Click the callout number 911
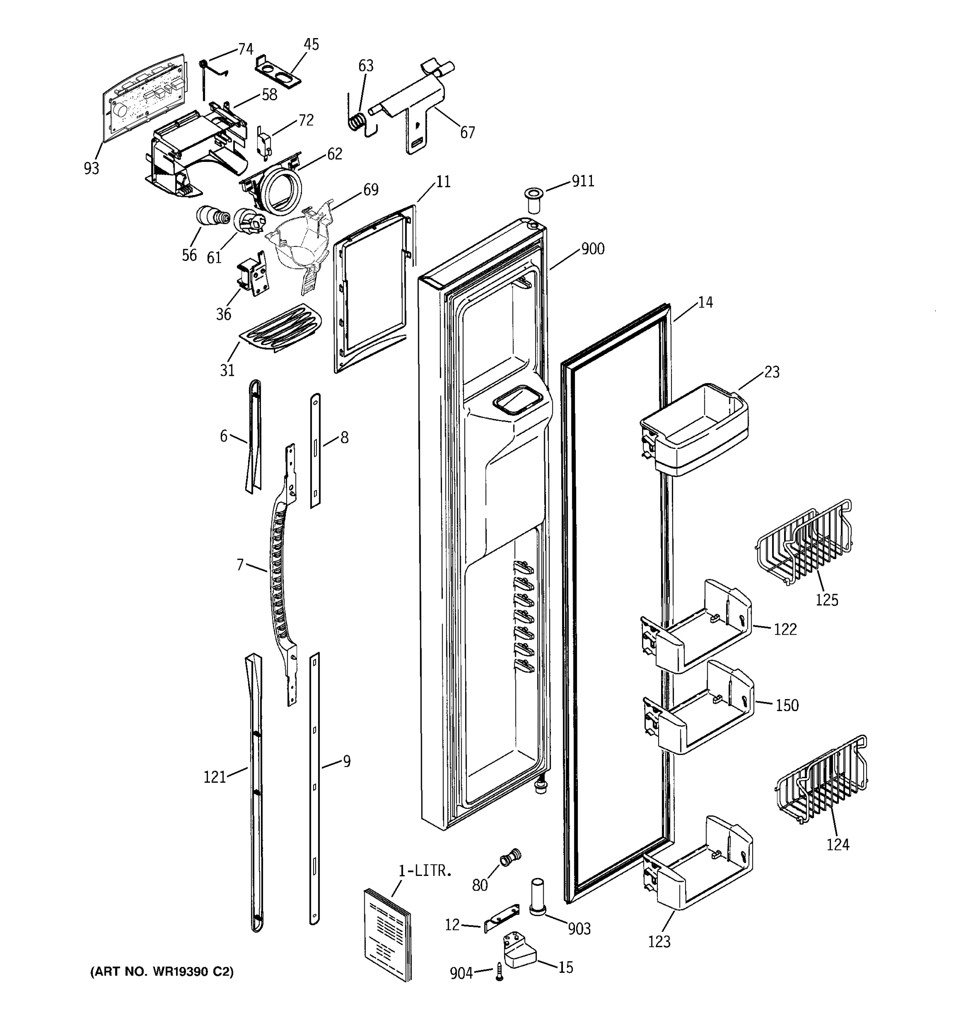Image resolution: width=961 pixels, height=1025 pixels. click(x=583, y=181)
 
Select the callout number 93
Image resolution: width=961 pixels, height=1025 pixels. click(x=91, y=168)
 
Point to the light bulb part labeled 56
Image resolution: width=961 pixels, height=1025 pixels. click(x=211, y=216)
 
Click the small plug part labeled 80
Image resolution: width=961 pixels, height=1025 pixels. click(x=510, y=859)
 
